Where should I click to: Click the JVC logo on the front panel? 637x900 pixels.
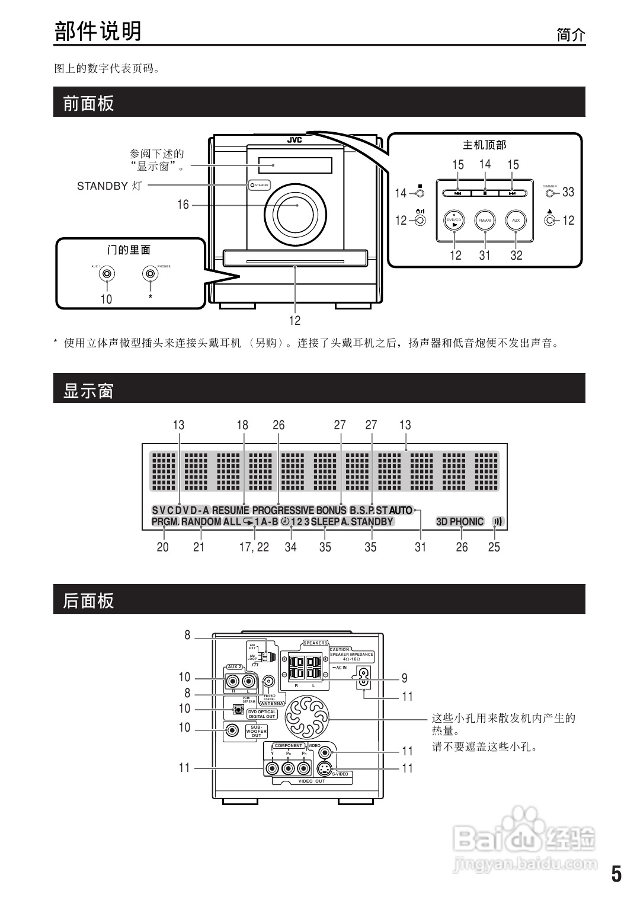295,141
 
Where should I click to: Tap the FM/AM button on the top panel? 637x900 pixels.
485,221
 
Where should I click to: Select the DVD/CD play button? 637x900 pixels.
454,221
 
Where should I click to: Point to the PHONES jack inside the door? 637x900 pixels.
151,273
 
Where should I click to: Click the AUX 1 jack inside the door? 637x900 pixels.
107,273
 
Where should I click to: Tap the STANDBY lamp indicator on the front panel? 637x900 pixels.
253,186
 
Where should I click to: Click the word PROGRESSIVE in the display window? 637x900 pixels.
283,510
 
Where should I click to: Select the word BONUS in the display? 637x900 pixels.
331,510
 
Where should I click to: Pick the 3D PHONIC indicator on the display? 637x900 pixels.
460,522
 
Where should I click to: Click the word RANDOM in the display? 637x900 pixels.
201,522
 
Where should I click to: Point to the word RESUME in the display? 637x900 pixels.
231,510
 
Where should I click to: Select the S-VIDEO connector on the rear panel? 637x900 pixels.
324,769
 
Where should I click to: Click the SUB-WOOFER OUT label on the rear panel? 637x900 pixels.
257,731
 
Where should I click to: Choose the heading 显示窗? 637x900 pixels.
88,391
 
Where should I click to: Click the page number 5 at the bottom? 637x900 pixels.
617,875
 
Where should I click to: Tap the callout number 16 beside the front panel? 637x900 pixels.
183,205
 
